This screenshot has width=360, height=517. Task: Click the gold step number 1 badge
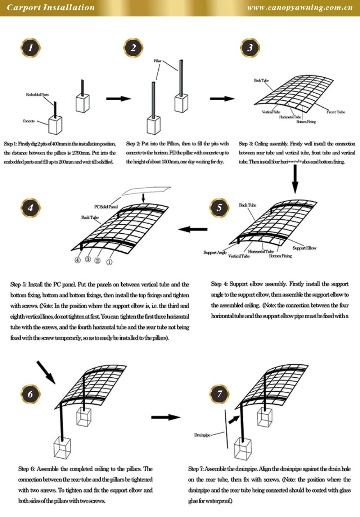coord(31,48)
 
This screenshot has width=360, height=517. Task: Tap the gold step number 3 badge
coord(250,48)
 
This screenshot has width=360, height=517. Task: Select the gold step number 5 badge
coord(219,208)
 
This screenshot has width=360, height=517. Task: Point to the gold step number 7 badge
coord(219,394)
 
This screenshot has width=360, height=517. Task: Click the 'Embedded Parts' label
coord(37,95)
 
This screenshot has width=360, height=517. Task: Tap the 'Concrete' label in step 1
coord(29,121)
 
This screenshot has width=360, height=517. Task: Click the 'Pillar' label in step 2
coord(158,61)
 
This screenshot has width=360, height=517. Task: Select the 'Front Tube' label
coord(336,112)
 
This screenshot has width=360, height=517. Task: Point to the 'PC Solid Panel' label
coord(106,207)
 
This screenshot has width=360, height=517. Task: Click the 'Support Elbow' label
coord(304,248)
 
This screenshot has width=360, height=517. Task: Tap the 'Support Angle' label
coord(215,252)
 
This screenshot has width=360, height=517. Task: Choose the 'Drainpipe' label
coord(202,435)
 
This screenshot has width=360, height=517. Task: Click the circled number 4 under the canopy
coord(78,260)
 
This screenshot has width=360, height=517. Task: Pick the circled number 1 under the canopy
coord(109,262)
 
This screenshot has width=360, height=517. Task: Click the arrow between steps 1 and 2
coord(118,99)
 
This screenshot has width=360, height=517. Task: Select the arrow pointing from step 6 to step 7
coord(165,417)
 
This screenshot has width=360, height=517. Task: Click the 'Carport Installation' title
coord(51,8)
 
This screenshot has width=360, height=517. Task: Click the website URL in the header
coord(300,8)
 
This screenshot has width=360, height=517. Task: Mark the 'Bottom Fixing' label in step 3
coord(306,122)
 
